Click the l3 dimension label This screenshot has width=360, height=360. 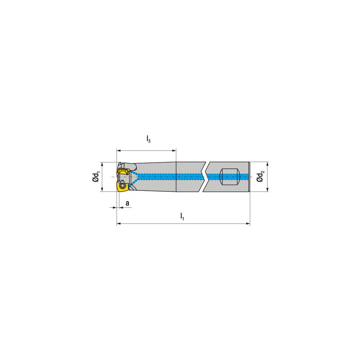148,139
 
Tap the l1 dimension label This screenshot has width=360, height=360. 182,216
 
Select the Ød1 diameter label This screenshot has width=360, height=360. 96,177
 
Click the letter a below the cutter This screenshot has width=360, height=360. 127,203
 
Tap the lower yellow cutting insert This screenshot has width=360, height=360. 122,186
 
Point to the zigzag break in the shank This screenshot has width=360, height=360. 204,176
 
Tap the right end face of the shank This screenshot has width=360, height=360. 249,176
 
